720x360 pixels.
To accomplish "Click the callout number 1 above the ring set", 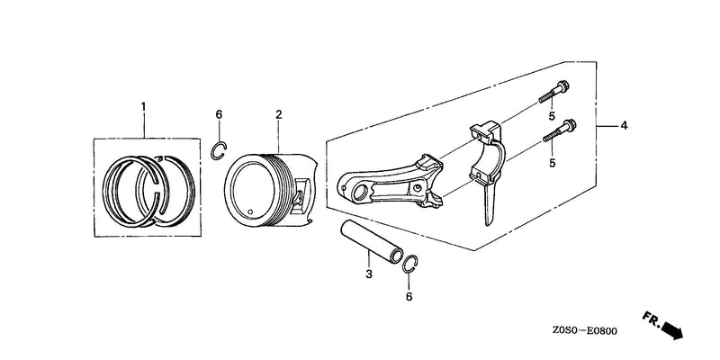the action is coord(143,106).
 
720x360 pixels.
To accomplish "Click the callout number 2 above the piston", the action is coord(278,114).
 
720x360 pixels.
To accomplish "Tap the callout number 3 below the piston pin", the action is coord(369,274).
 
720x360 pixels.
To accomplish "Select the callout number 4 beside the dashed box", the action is coord(623,125).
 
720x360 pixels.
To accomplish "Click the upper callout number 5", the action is coord(552,116).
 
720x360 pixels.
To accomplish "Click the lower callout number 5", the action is coord(552,163).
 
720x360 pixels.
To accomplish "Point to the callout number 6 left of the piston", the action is coord(219,114).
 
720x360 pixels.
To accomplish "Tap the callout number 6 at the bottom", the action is coord(409,297).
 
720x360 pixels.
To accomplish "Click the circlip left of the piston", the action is coord(212,151).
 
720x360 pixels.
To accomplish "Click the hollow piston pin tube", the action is coord(371,241).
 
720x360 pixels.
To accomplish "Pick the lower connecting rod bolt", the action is coord(560,130).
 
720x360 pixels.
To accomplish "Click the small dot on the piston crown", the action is coord(250,211).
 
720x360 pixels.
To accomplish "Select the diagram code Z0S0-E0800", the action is coord(584,331).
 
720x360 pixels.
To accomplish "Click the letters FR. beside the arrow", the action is coord(651,319).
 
